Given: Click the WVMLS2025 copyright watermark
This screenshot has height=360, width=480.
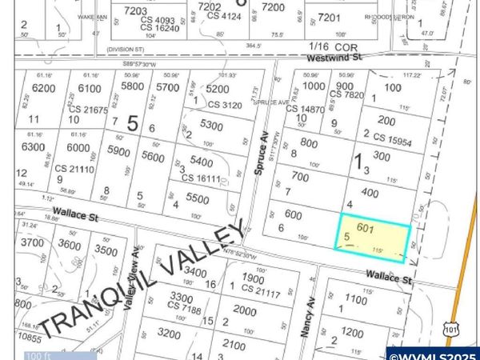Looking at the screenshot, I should tap(432, 354).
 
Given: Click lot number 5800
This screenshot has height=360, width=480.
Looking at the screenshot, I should tap(133, 86).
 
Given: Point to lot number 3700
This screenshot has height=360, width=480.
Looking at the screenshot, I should tap(32, 242).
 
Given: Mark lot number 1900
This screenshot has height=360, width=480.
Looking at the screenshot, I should tap(252, 278).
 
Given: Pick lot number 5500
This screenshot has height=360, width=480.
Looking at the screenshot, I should tap(196, 198).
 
